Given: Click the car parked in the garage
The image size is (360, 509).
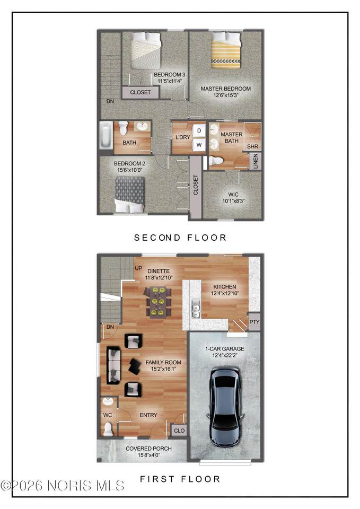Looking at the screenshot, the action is coord(226,407).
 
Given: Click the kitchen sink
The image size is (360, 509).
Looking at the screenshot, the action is coord(196,311).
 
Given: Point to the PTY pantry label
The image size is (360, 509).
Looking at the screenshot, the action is coord(254,322).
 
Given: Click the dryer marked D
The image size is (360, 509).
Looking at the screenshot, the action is coord(199,130).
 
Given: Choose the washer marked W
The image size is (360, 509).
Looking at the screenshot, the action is coord(199,145).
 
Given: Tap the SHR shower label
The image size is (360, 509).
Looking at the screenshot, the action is coord(252,146).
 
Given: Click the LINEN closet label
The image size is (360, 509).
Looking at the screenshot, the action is coord(256,161).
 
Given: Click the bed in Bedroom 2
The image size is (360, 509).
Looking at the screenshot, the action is coord(130,195).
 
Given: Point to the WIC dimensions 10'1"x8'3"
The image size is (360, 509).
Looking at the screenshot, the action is coord(233,201).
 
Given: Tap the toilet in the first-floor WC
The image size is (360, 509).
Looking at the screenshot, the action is coord(108,428).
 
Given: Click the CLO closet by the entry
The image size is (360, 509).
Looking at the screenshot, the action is coord(179,431).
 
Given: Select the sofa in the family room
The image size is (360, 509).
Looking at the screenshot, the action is coord(113,365).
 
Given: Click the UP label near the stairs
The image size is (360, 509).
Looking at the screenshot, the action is coord(138,268).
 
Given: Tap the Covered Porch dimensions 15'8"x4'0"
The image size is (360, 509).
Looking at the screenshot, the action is coord(149,455).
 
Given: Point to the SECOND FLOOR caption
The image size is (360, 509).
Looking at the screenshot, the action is coord(180,238).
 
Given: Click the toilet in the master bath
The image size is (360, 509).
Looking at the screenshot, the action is coord(216,161).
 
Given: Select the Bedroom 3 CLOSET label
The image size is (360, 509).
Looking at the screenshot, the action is coord(140,92).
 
